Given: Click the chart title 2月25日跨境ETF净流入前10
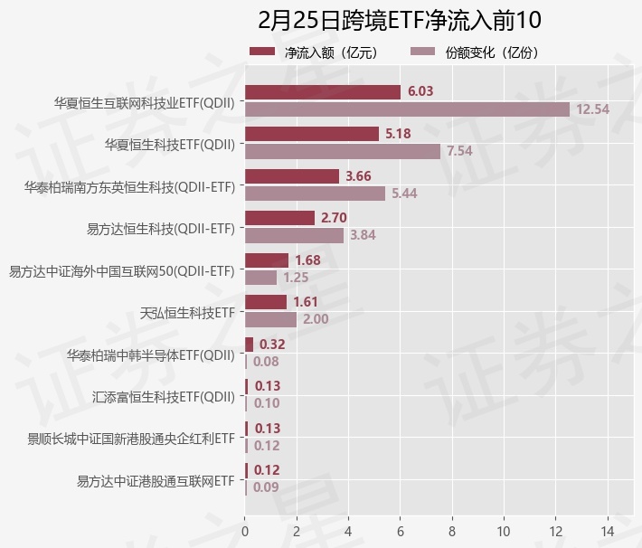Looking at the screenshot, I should click(399, 20).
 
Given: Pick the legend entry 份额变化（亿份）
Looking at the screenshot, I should click(478, 52).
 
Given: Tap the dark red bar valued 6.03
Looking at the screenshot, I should click(322, 91).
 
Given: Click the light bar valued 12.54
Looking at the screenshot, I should click(407, 109).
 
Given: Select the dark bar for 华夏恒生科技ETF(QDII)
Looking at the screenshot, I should click(311, 134).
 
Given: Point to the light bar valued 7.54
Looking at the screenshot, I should click(342, 151).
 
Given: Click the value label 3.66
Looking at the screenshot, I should click(358, 175).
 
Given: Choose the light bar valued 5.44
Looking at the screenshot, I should click(315, 194).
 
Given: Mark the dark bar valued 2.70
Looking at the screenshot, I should click(279, 218).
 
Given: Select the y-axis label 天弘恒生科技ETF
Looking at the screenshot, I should click(188, 313).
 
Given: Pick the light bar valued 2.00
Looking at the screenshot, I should click(270, 319).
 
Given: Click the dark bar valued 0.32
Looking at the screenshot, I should click(249, 345).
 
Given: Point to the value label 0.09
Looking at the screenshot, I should click(266, 487).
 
